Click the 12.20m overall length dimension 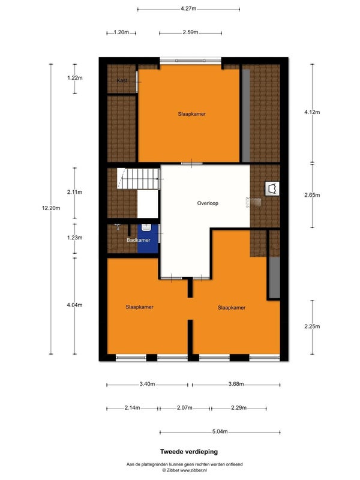[51, 208]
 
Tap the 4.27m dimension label [188, 8]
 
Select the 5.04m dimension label [220, 431]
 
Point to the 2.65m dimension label [312, 195]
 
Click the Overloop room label [208, 203]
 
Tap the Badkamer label [139, 240]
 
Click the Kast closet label [122, 80]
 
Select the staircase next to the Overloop [139, 178]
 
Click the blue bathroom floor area [148, 238]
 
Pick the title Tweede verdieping [189, 452]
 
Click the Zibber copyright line [185, 470]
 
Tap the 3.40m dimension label [147, 384]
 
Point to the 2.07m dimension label [185, 408]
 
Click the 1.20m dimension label [121, 32]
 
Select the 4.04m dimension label [74, 305]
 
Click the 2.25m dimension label [312, 326]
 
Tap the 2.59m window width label [190, 32]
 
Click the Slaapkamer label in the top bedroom [191, 114]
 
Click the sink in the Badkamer [146, 227]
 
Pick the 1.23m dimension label [74, 238]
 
